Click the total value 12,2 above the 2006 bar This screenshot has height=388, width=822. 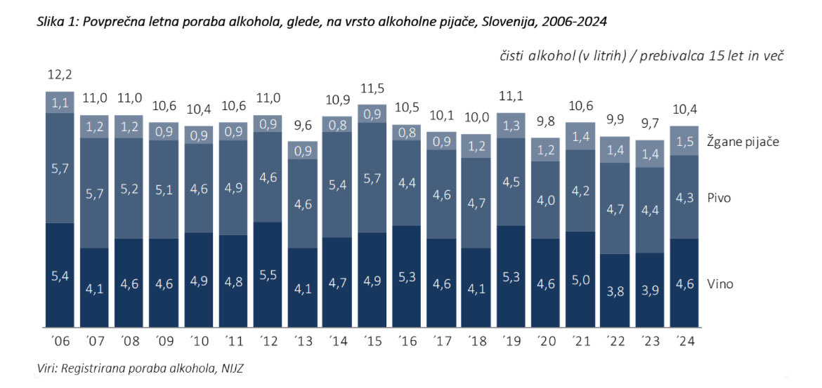(x=60, y=74)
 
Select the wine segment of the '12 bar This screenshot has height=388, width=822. (x=268, y=275)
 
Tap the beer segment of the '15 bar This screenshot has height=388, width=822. (x=372, y=178)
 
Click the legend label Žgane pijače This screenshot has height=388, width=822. (x=743, y=141)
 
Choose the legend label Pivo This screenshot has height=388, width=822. (x=720, y=198)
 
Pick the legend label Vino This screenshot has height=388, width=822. (x=721, y=283)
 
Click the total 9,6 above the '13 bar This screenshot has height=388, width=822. (x=303, y=127)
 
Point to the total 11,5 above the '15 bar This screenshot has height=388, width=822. (x=372, y=90)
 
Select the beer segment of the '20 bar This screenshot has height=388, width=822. (x=545, y=200)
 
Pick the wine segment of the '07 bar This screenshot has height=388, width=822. (x=94, y=288)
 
